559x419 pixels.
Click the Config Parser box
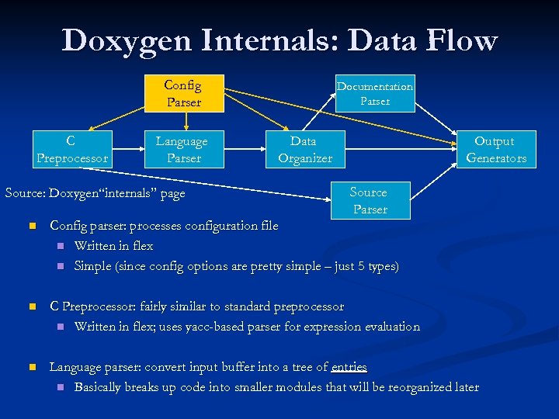pos(183,93)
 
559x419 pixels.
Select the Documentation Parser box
pos(375,93)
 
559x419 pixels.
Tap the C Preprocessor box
pos(71,150)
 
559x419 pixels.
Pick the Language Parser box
pos(182,150)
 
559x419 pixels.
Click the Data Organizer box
pos(304,150)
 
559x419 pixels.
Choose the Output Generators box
pos(495,150)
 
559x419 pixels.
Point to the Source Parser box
pos(369,201)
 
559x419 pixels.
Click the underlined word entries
pos(349,367)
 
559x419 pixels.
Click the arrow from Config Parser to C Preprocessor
pos(116,119)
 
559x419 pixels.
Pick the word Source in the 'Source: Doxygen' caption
pos(24,193)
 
